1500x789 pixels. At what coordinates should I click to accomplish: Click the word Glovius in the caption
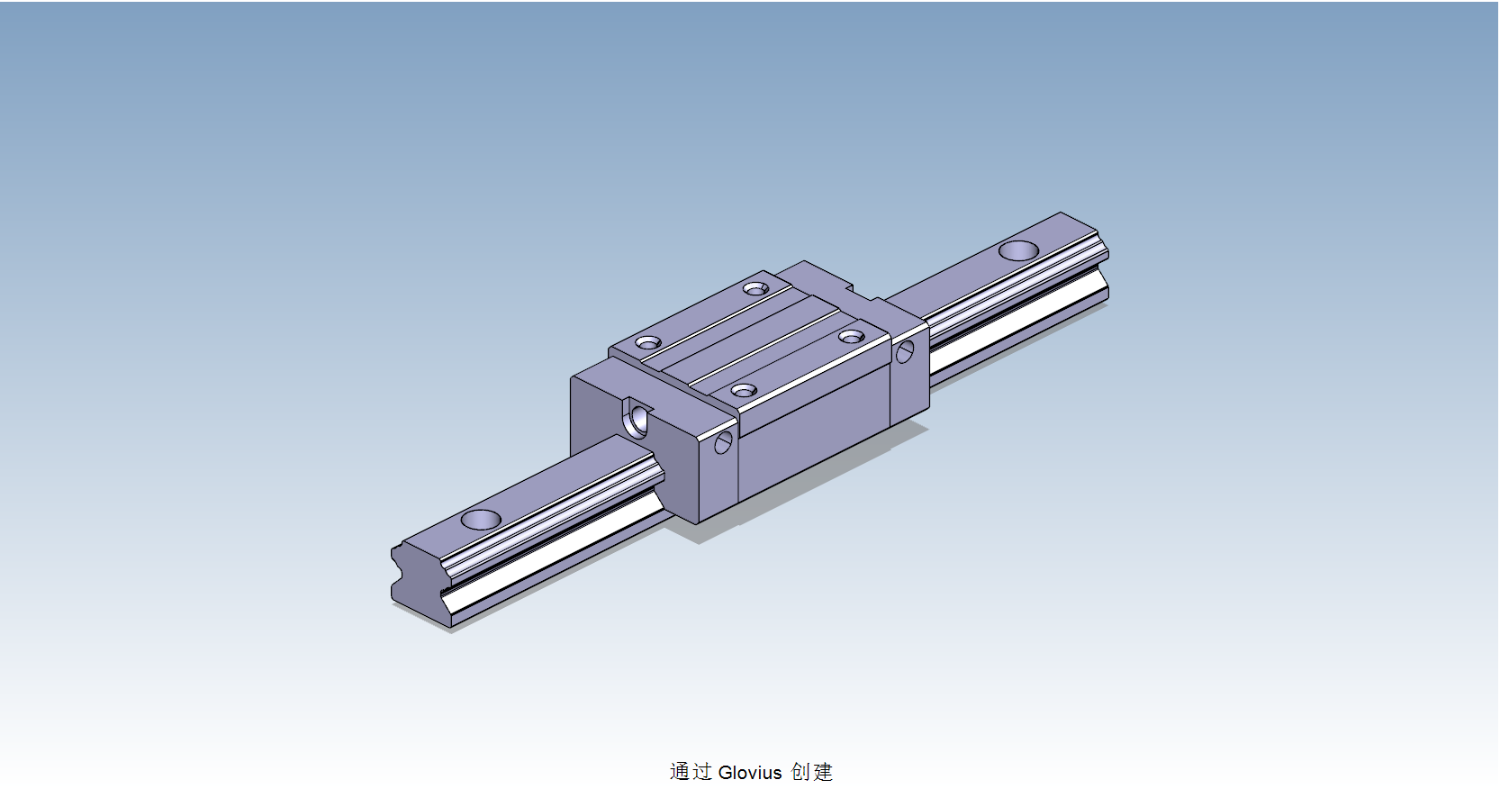tap(750, 773)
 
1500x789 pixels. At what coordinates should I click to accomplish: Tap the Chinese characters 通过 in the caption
tap(691, 772)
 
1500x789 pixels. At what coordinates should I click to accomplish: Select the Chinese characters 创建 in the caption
tap(811, 772)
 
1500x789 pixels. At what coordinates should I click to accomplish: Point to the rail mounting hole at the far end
tap(1018, 250)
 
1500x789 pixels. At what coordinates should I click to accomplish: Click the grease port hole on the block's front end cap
tap(639, 420)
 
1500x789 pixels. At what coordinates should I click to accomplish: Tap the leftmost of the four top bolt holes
tap(648, 342)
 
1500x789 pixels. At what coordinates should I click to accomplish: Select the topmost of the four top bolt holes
tap(755, 288)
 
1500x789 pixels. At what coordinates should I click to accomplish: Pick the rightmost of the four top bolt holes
tap(851, 337)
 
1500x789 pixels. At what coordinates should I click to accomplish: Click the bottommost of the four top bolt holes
tap(744, 391)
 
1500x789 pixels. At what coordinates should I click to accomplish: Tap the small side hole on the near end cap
tap(723, 442)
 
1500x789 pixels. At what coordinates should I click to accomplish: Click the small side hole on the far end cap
tap(905, 351)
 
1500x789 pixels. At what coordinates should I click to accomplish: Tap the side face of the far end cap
tap(910, 378)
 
